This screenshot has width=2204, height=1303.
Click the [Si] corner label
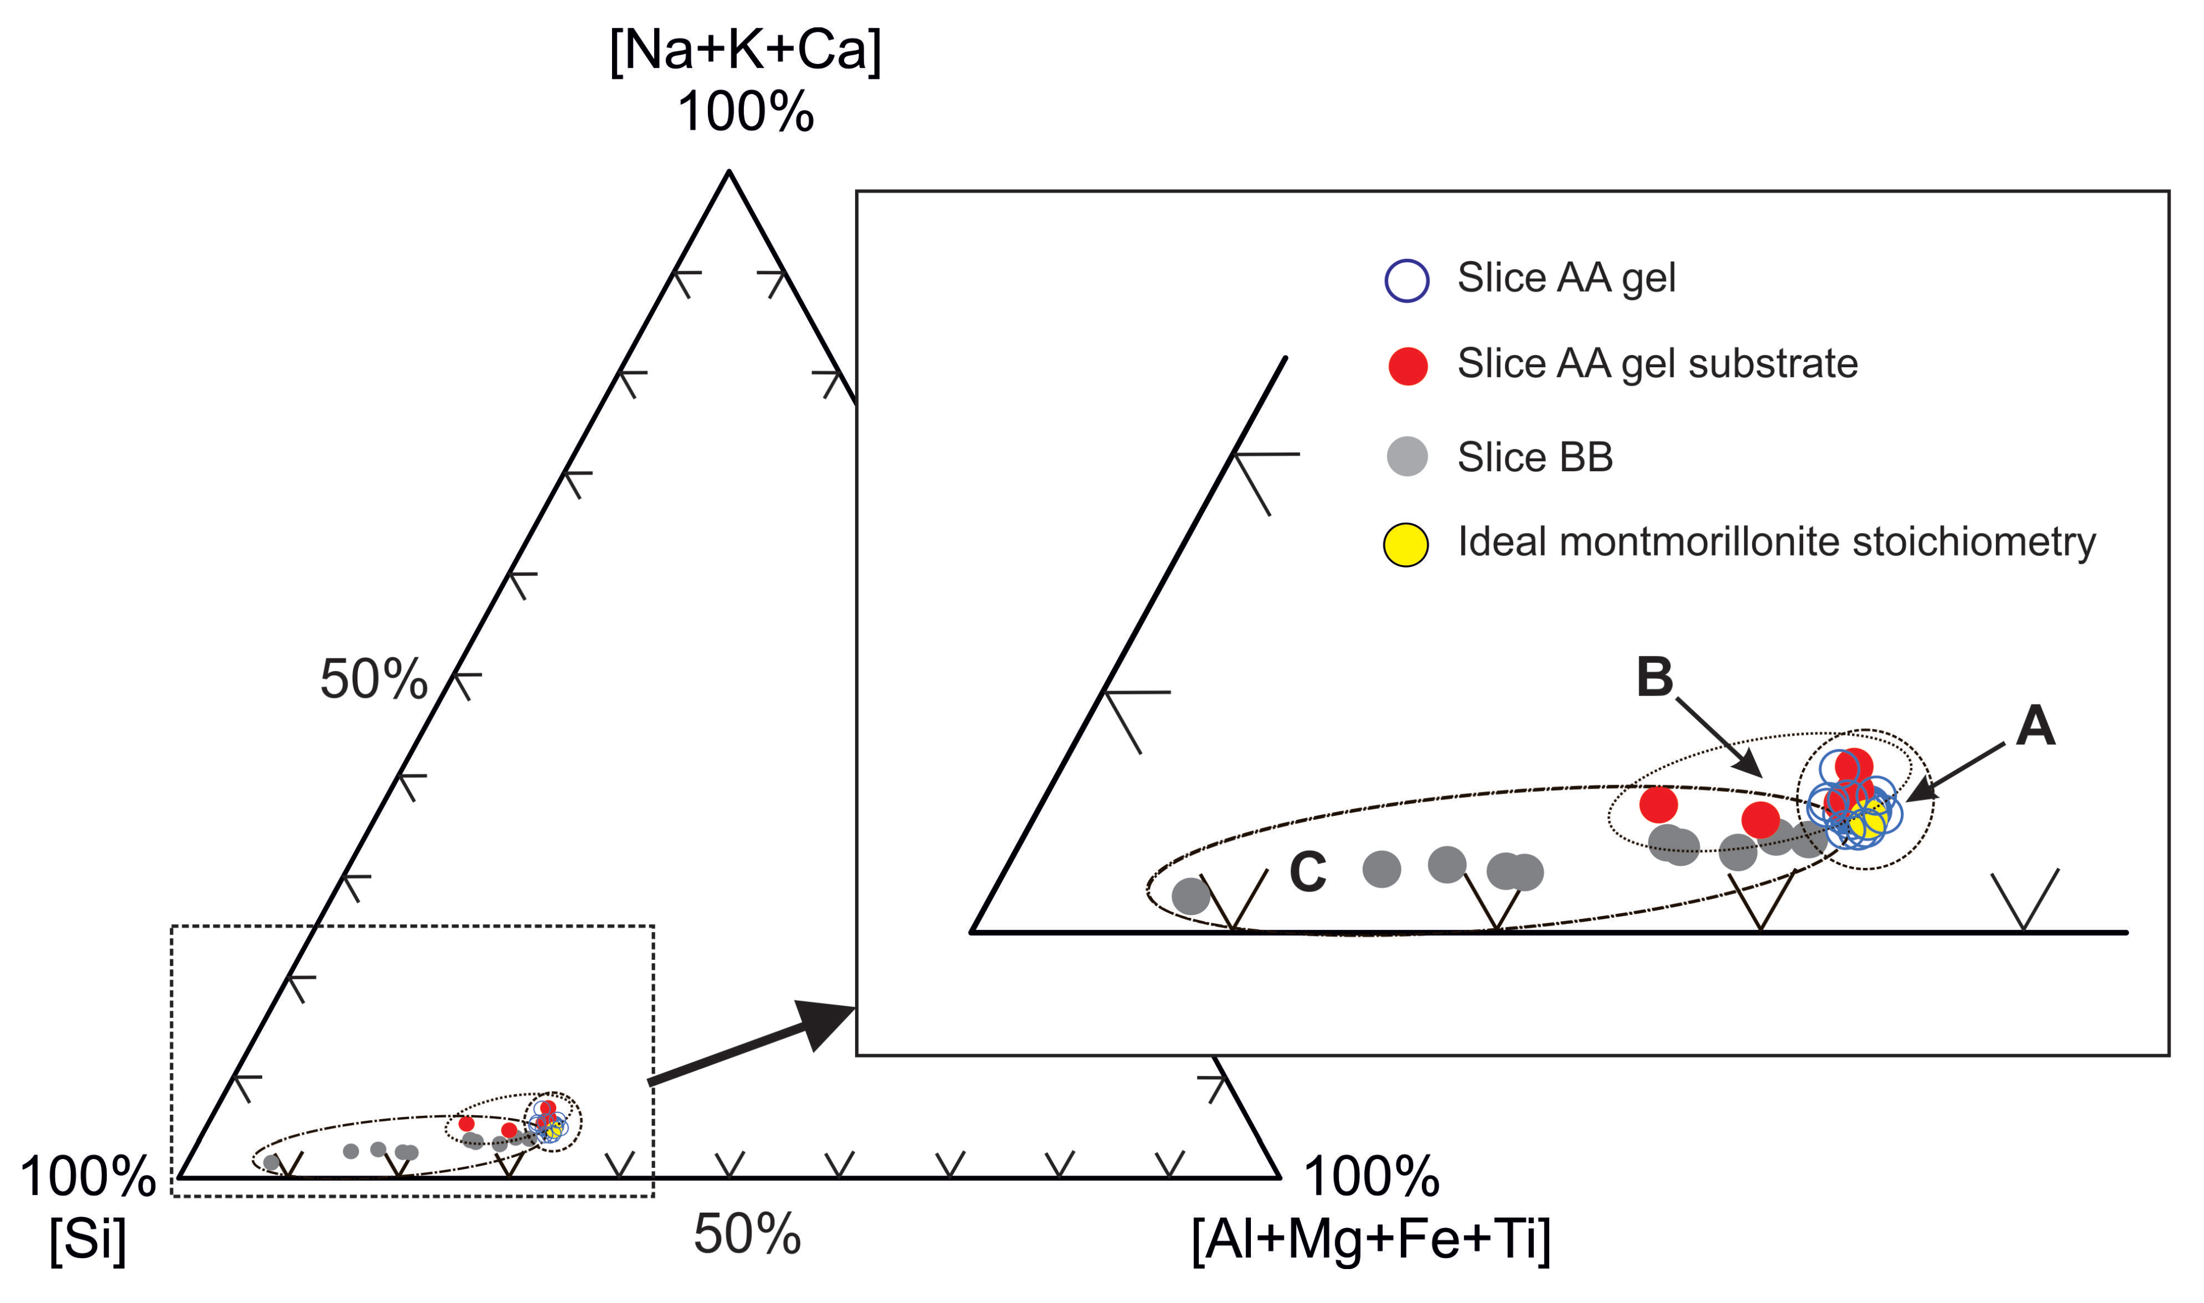87,1239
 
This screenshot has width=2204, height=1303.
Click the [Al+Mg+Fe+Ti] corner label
1371,1239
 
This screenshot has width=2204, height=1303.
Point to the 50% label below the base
747,1233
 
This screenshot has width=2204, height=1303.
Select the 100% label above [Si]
88,1177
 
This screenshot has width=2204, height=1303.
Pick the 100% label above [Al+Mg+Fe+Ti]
1371,1177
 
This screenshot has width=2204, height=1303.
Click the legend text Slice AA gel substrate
1657,363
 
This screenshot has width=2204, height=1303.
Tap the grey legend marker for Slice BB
1407,456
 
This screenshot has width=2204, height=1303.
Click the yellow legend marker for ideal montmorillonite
1406,545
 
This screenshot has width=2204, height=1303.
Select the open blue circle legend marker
1407,281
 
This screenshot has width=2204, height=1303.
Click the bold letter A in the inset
2035,727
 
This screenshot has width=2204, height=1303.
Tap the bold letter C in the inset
1307,873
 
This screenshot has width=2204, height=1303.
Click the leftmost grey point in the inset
1191,896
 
